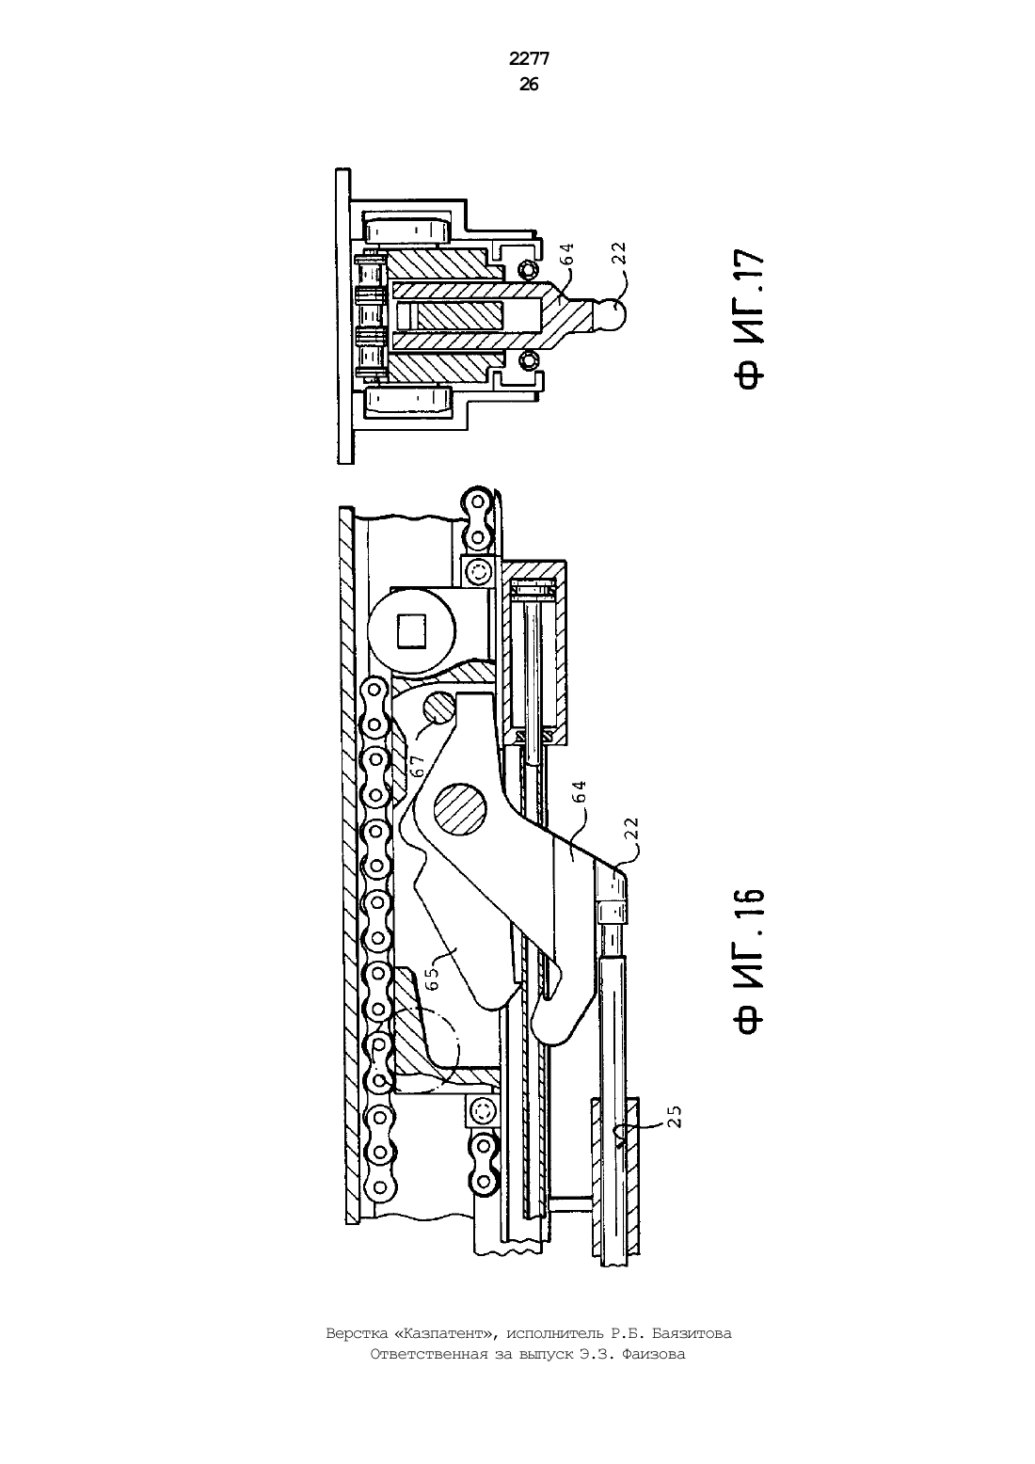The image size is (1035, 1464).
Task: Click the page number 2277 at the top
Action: coord(529,59)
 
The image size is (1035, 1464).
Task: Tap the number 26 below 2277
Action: coord(529,85)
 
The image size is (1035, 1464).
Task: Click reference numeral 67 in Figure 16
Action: coord(418,764)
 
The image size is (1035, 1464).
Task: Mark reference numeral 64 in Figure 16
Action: coord(580,791)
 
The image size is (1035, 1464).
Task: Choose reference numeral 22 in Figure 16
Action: coord(632,828)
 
